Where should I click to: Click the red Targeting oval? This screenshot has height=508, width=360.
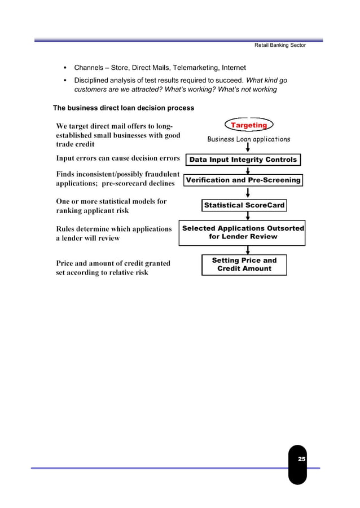(x=248, y=125)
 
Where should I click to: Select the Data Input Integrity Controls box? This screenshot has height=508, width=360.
(x=243, y=160)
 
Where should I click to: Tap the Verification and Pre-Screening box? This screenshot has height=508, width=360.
(x=243, y=180)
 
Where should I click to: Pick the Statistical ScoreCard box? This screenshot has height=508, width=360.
(x=244, y=205)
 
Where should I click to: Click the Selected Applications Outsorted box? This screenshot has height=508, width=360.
(x=243, y=232)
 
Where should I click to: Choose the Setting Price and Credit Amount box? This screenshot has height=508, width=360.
(x=244, y=264)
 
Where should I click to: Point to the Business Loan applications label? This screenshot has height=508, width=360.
(x=248, y=139)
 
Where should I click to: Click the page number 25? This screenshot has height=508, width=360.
(x=301, y=460)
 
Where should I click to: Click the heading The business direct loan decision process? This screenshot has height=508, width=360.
(x=123, y=108)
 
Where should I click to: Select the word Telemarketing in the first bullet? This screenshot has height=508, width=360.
(x=200, y=68)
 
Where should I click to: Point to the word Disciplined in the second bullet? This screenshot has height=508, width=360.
(x=94, y=80)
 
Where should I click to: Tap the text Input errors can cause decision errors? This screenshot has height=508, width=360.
(x=117, y=158)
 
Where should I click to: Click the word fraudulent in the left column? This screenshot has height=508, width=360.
(x=160, y=175)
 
